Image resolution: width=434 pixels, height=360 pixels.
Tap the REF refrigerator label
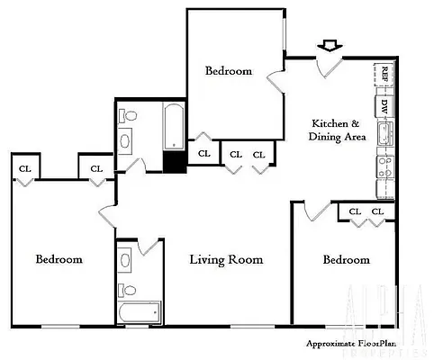point(384,73)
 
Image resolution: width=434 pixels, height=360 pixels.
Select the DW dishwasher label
point(384,105)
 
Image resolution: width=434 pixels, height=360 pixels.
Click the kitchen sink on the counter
point(384,134)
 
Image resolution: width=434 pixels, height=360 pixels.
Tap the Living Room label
point(226,260)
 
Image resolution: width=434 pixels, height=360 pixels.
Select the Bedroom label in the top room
point(229,71)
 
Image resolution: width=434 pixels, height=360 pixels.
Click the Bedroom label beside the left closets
point(59,259)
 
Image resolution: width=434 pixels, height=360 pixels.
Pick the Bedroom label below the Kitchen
point(347,259)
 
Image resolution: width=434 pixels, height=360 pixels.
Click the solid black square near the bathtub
point(174,160)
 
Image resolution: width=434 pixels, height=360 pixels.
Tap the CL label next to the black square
point(204,154)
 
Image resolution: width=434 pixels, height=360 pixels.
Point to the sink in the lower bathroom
point(127,260)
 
